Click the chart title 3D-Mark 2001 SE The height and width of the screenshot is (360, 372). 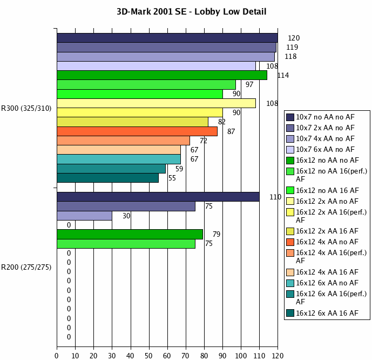tap(192, 11)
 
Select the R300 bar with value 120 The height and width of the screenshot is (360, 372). tap(167, 38)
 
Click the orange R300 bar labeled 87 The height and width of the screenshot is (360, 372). tap(137, 131)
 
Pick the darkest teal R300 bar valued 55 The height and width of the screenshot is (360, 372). tap(108, 178)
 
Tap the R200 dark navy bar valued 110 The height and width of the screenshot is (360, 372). tap(158, 197)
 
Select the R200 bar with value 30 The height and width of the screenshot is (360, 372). tap(84, 216)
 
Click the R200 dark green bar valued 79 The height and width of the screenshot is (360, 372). tap(130, 234)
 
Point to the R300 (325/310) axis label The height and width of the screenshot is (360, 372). tap(26, 108)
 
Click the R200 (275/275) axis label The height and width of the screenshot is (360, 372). tap(26, 267)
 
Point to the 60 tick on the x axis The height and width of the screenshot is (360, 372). tap(167, 355)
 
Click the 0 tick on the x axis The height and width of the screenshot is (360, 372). tap(57, 355)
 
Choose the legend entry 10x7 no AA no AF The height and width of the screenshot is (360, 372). tap(325, 117)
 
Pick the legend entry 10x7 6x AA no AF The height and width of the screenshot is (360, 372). tap(325, 149)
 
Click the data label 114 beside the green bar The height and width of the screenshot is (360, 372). tap(283, 75)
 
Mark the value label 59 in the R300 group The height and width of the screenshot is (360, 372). tap(179, 169)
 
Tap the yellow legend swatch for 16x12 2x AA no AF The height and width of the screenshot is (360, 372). tap(290, 201)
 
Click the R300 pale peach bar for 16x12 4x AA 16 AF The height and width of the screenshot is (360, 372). tap(119, 150)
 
